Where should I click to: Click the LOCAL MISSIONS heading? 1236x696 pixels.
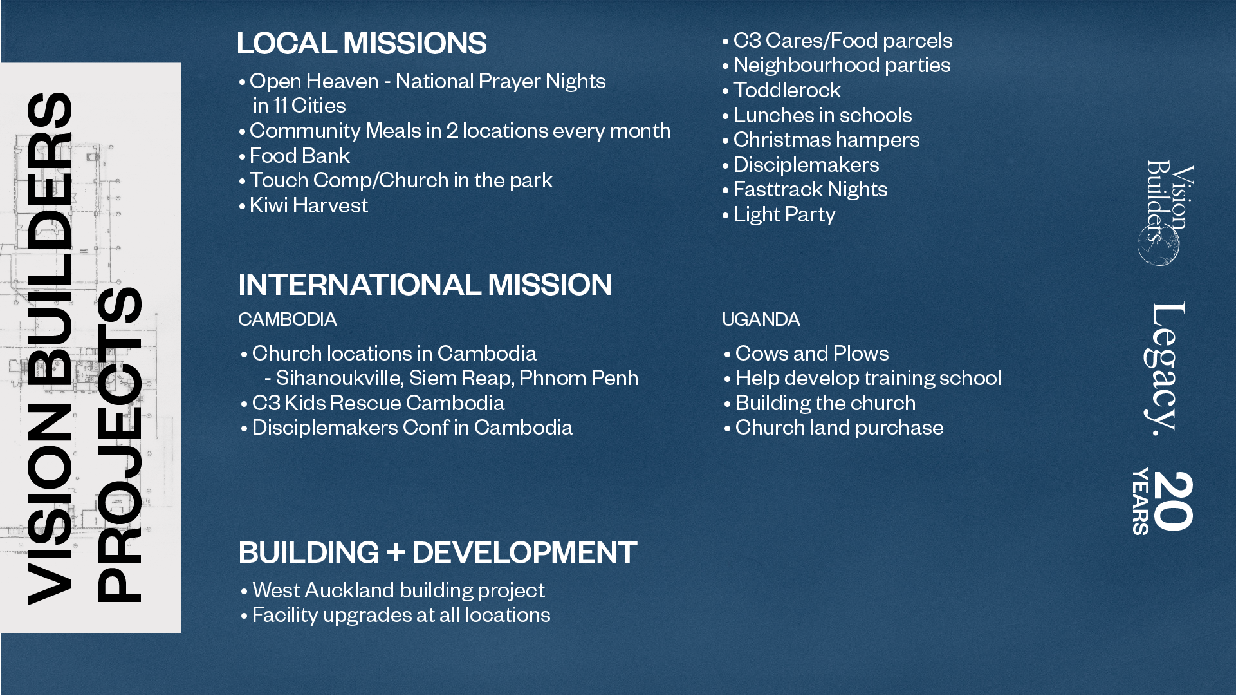click(x=362, y=43)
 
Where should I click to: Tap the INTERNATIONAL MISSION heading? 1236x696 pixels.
click(x=425, y=285)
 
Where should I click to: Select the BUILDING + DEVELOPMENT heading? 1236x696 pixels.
click(x=438, y=552)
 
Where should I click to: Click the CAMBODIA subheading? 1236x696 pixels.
click(x=288, y=319)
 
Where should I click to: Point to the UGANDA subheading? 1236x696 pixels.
click(x=761, y=319)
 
